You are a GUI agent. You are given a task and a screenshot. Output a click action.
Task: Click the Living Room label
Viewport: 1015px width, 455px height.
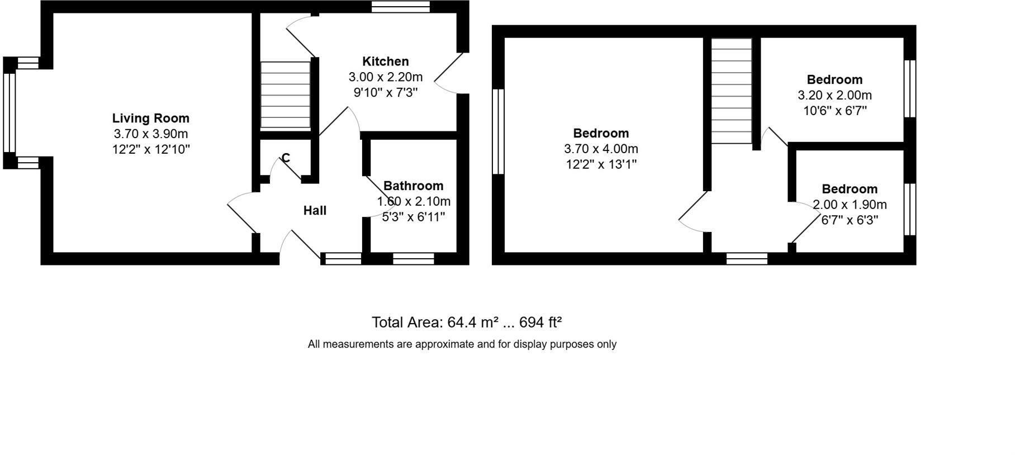click(x=150, y=118)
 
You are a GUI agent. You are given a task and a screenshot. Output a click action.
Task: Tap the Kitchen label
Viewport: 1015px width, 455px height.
click(x=385, y=61)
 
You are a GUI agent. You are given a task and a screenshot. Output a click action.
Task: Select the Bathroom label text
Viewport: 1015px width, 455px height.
click(x=413, y=186)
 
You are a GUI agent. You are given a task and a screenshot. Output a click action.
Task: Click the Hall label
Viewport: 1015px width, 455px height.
click(x=315, y=211)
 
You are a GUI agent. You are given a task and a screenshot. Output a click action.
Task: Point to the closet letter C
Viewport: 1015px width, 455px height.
click(x=286, y=158)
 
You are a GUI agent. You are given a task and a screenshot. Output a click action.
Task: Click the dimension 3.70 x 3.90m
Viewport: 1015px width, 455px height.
click(x=150, y=134)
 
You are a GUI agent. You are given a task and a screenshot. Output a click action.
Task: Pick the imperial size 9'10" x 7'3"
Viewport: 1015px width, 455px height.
click(x=385, y=92)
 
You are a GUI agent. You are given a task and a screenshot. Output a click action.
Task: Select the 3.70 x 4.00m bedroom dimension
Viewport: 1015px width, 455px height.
click(x=601, y=149)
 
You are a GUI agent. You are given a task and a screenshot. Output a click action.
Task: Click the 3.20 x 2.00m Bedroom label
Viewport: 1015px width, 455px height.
click(x=834, y=79)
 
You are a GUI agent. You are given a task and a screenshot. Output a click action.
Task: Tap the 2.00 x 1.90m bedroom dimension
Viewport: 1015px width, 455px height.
click(x=849, y=205)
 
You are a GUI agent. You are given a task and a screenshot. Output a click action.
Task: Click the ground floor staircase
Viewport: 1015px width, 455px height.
click(x=285, y=95)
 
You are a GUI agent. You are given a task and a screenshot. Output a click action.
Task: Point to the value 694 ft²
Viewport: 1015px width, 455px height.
click(x=540, y=323)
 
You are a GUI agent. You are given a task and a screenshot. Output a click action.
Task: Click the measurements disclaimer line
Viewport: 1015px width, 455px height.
click(x=462, y=344)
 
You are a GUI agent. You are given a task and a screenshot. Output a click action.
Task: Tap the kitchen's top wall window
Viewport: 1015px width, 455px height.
click(x=401, y=7)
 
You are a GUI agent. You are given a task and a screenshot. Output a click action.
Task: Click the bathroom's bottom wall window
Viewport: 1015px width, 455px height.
click(x=413, y=258)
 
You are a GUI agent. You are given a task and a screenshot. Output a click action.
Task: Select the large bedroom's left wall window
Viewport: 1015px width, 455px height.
click(x=498, y=131)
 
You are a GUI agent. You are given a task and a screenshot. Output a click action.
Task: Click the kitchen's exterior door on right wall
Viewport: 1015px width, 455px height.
click(x=450, y=73)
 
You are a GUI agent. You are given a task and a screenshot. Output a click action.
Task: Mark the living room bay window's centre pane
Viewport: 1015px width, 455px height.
click(x=10, y=113)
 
